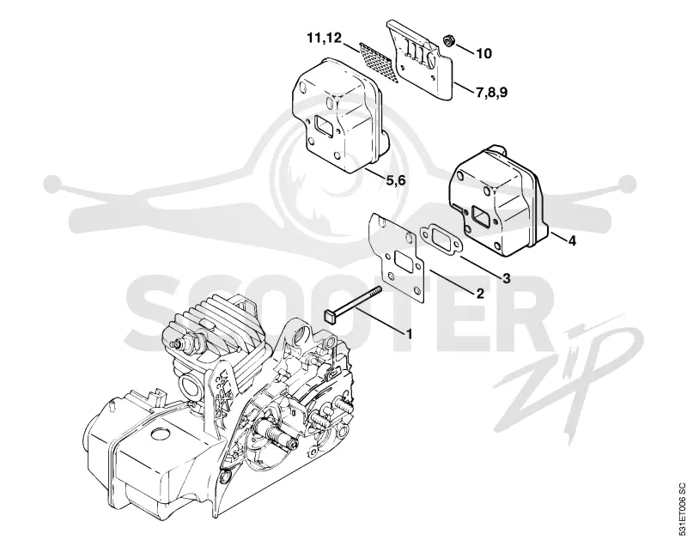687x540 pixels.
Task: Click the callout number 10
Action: [483, 53]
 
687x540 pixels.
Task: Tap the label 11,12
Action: [325, 38]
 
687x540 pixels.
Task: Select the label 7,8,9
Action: [491, 93]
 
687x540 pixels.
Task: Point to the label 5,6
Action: [396, 179]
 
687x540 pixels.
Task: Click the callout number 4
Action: [572, 240]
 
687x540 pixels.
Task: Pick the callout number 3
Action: [507, 278]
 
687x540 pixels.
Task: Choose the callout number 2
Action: [480, 294]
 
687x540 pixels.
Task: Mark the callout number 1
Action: [410, 335]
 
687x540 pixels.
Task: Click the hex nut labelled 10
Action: [448, 40]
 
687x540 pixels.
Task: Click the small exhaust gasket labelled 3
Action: [440, 239]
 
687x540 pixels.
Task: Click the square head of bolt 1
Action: [330, 315]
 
